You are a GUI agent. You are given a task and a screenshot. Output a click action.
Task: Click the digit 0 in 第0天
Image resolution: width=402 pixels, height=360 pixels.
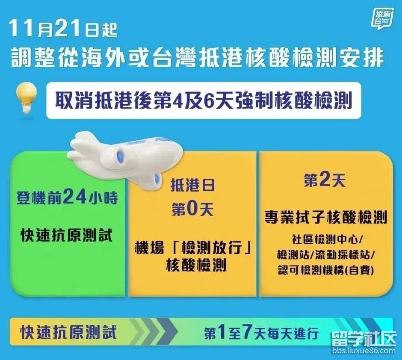pos(193,209)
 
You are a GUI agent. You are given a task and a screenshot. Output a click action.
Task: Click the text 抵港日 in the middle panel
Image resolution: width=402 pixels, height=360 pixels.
pos(193,185)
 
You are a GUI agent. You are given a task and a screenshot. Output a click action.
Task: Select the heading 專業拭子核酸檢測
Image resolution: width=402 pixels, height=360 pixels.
pos(325,217)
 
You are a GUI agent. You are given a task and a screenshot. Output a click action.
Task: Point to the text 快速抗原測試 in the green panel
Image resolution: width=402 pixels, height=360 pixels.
pos(67,235)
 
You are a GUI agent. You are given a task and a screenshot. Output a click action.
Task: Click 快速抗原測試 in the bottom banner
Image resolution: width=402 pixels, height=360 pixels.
pos(68,332)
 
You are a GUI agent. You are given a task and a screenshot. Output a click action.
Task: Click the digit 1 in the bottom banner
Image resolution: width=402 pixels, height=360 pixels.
pos(222,333)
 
